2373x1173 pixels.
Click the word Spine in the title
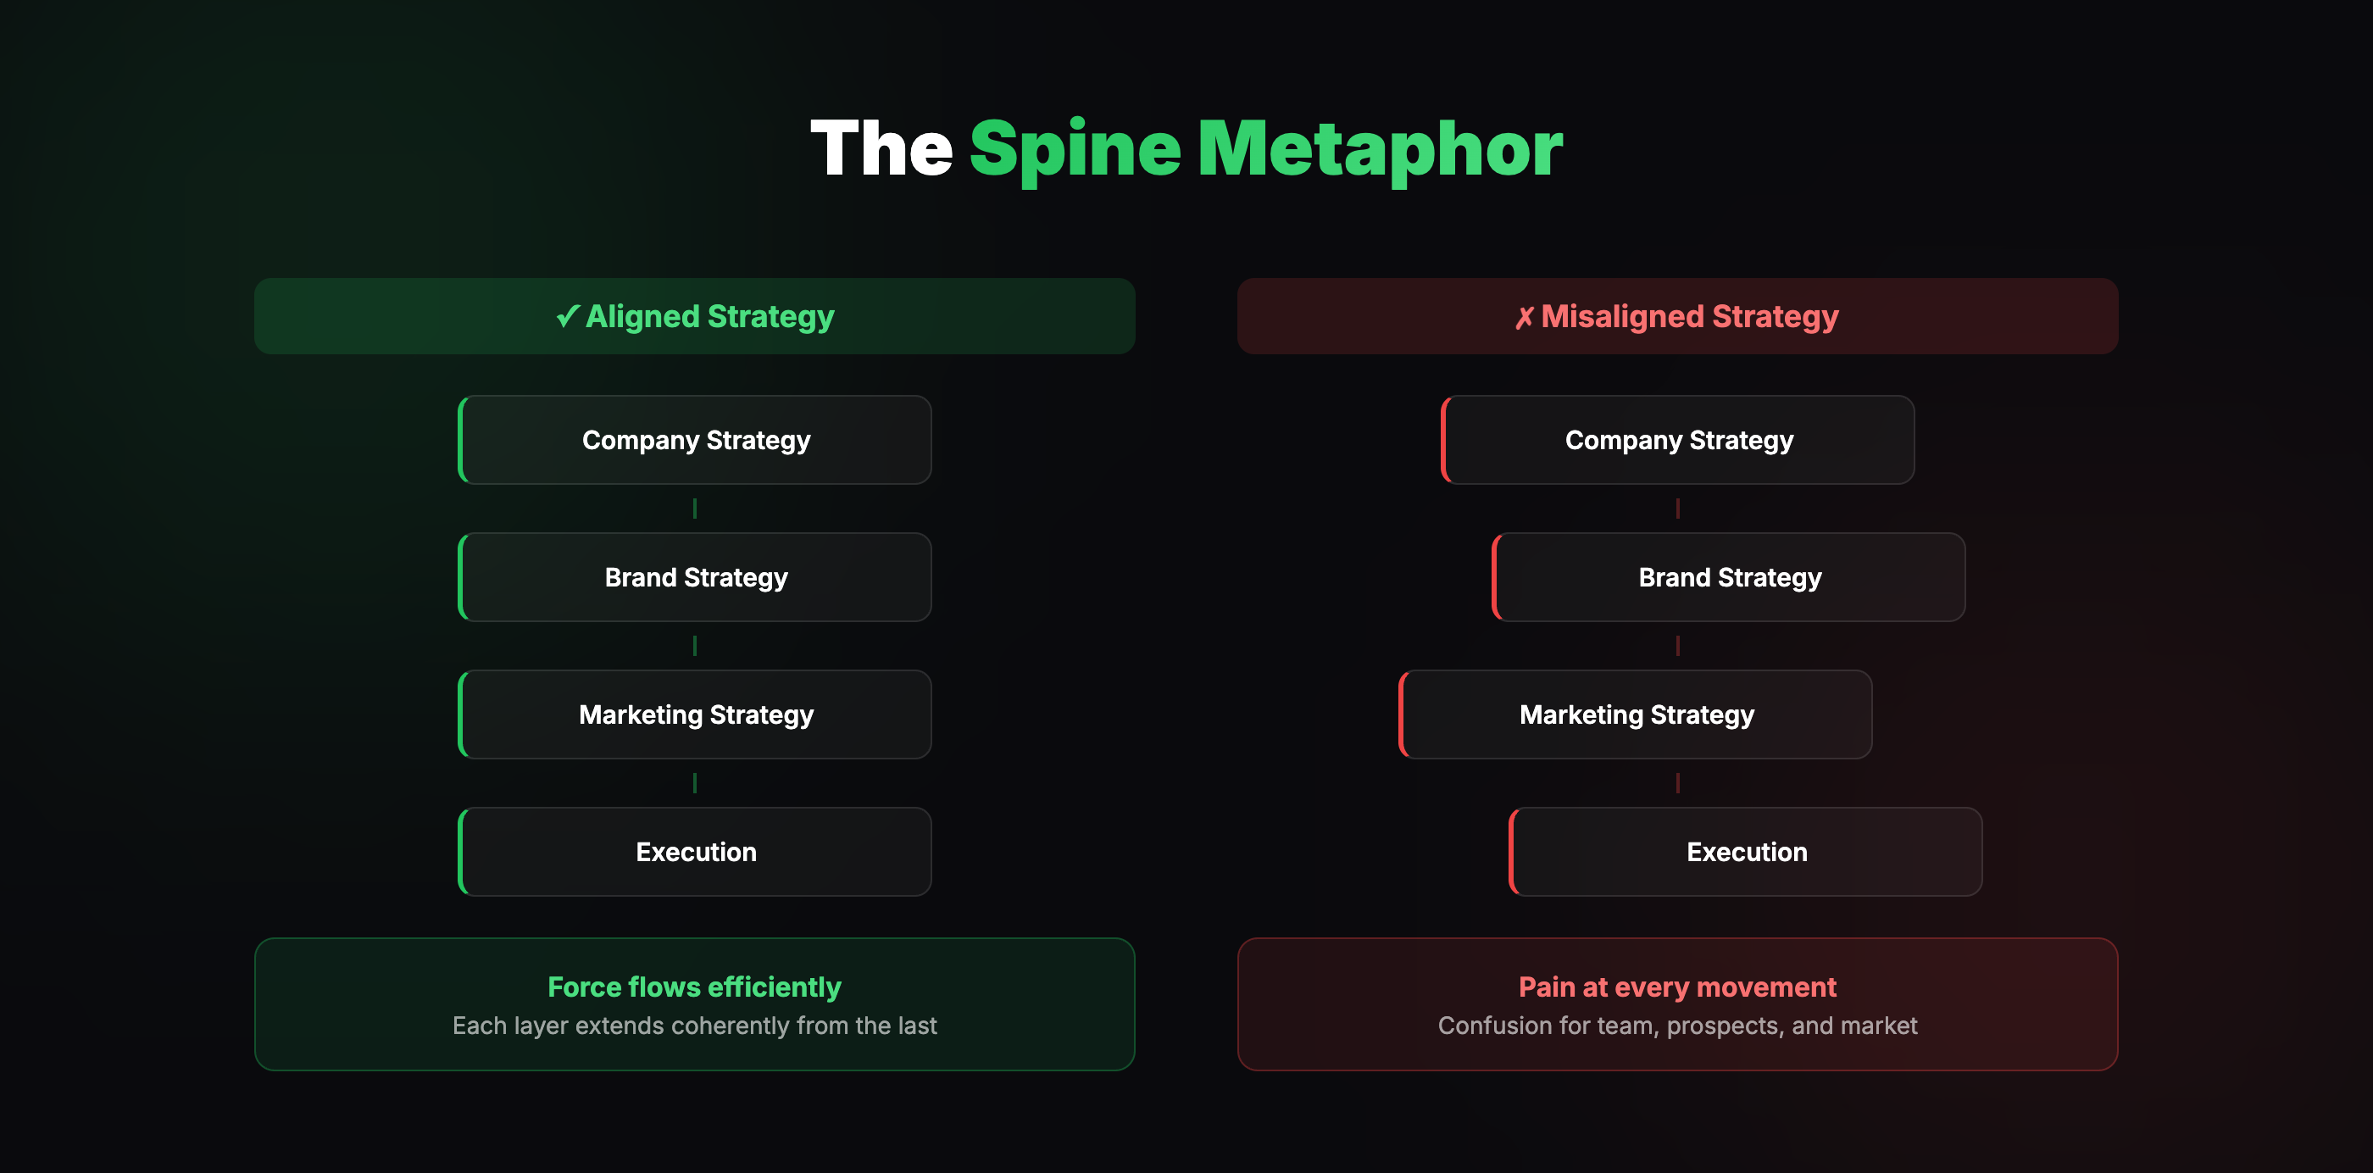coord(1074,149)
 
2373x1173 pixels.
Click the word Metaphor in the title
coord(1379,149)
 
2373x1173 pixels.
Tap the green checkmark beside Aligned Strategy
coord(568,316)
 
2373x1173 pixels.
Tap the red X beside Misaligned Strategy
coord(1524,317)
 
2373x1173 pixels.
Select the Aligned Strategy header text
coord(709,316)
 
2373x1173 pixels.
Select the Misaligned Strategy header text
coord(1689,316)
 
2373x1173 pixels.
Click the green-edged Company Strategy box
coord(696,441)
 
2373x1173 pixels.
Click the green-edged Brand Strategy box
coord(696,578)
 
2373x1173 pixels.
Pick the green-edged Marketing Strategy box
coord(696,715)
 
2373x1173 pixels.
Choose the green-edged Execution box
coord(696,853)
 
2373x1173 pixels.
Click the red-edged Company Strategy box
coord(1678,441)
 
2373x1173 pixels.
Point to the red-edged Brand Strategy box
coord(1729,578)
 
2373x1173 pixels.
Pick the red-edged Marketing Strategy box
coord(1636,715)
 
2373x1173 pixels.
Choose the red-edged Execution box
coord(1746,853)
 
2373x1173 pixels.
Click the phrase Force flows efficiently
coord(695,987)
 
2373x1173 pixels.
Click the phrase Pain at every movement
coord(1677,987)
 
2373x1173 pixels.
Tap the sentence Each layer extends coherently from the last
coord(695,1026)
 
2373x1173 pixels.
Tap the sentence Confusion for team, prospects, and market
coord(1677,1026)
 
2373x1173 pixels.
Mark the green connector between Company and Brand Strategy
coord(695,509)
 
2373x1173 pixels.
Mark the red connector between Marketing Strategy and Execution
coord(1677,783)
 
